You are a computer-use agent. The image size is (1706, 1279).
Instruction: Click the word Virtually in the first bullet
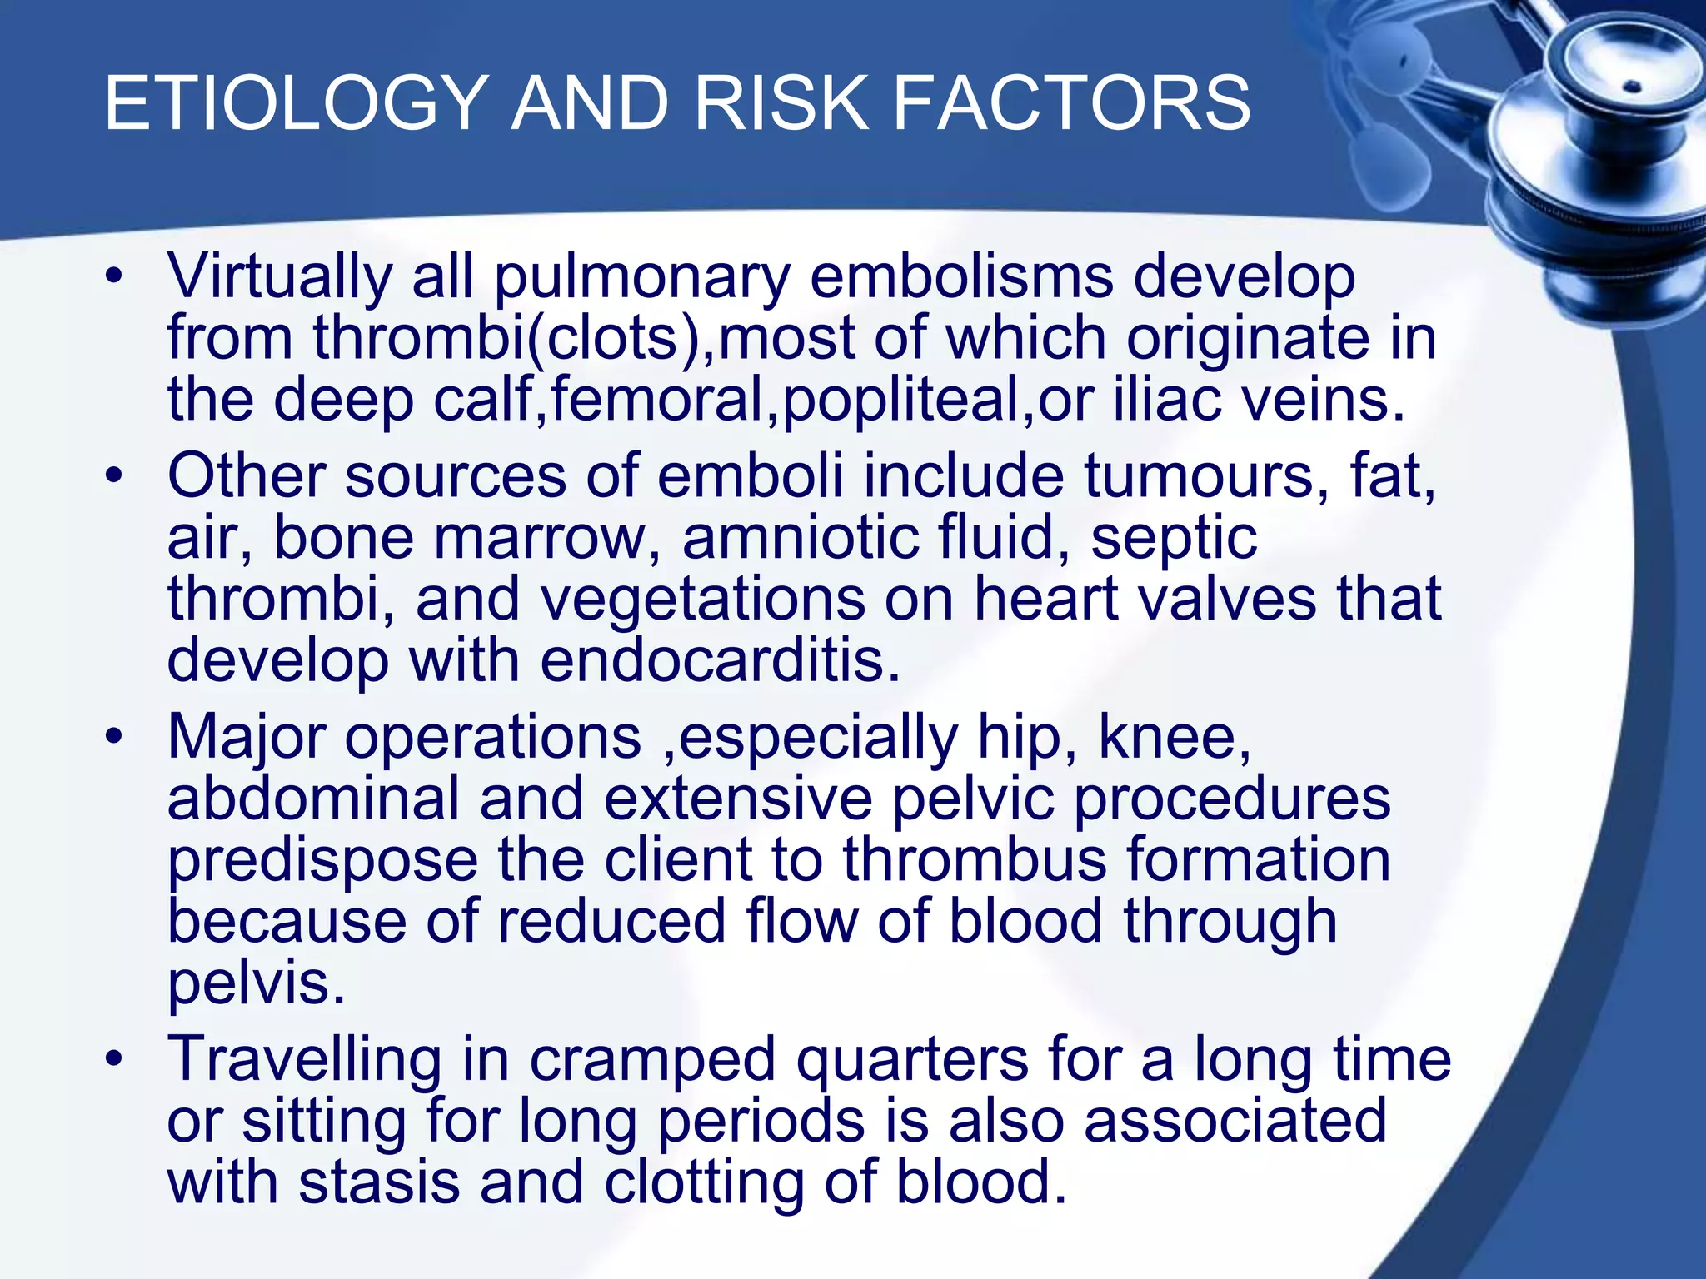pos(280,276)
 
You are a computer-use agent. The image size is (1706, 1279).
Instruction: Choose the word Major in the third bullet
pos(247,738)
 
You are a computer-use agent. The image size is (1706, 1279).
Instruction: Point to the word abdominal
pos(313,798)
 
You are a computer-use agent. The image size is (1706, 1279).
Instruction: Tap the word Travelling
pos(305,1059)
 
